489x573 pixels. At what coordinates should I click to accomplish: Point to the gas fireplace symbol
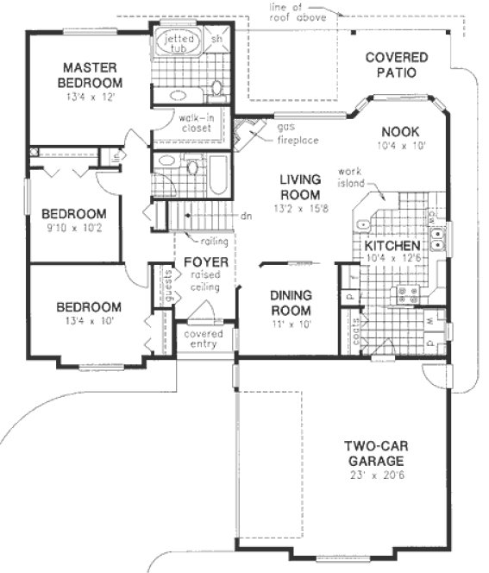pyautogui.click(x=251, y=130)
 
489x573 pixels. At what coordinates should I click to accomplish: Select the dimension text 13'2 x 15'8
pyautogui.click(x=299, y=208)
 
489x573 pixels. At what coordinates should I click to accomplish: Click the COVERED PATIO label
pyautogui.click(x=396, y=65)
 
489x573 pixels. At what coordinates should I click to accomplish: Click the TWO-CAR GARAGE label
pyautogui.click(x=376, y=454)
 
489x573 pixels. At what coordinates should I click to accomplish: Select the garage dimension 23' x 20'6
pyautogui.click(x=376, y=475)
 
